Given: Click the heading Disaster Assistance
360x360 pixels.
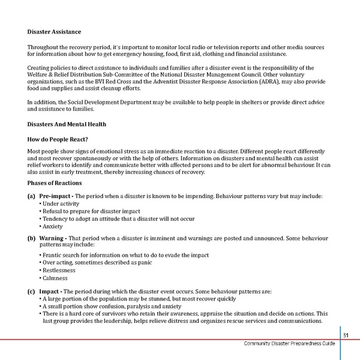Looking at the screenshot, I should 54,31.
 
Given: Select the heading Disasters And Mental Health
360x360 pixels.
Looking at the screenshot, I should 67,124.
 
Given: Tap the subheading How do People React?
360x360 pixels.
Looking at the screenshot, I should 61,138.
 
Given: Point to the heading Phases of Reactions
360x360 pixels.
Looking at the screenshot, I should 55,182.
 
